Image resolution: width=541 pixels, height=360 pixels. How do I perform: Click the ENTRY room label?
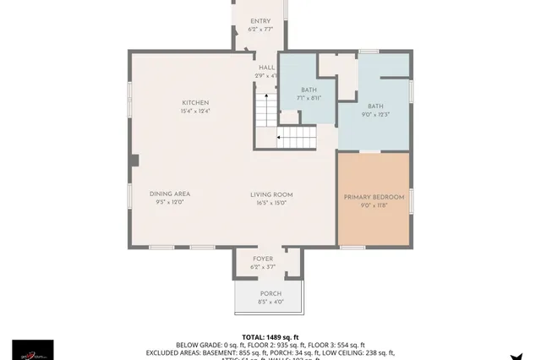coord(260,21)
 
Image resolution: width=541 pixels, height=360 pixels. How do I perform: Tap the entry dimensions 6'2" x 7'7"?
coord(260,30)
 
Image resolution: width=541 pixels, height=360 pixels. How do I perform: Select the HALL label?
coord(266,68)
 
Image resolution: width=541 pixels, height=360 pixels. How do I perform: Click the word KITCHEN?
coord(194,103)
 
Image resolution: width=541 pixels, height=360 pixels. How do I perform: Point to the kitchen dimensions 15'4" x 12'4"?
coord(194,112)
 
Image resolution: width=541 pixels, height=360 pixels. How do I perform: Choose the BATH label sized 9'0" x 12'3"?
coord(374,106)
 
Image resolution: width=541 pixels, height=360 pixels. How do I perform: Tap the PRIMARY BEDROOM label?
coord(374,197)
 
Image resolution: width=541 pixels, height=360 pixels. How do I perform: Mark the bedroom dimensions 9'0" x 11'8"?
coord(374,205)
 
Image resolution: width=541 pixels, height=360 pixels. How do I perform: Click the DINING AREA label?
coord(170,194)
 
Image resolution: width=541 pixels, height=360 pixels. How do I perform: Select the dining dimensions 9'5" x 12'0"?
coord(170,203)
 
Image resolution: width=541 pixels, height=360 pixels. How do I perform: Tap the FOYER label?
coord(263,259)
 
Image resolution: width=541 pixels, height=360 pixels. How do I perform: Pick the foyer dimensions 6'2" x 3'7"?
coord(263,267)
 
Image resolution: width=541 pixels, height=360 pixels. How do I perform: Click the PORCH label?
coord(270,293)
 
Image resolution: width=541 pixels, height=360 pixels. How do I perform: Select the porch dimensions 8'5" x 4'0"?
coord(270,302)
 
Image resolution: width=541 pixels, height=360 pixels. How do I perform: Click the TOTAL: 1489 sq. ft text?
coord(270,336)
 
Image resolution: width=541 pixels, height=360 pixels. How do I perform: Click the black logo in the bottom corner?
coord(32,349)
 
